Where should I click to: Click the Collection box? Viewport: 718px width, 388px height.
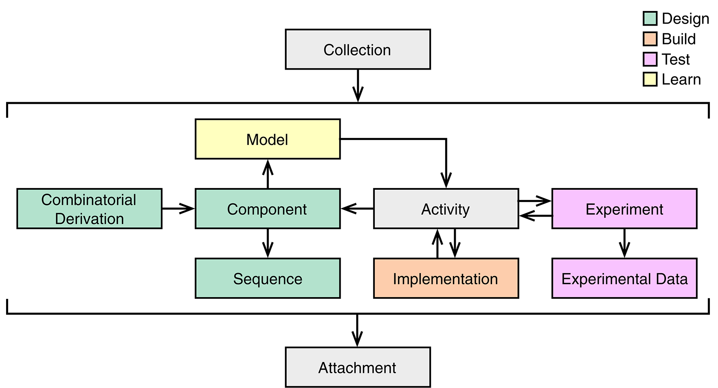coord(358,49)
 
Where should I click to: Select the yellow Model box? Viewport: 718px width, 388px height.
coord(268,139)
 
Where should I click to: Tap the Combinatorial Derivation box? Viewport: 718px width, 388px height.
coord(89,208)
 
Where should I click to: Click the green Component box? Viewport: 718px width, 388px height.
coord(268,208)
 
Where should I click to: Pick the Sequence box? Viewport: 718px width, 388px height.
coord(268,278)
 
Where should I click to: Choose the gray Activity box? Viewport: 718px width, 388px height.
coord(446,208)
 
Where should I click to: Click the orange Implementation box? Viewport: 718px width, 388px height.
coord(446,278)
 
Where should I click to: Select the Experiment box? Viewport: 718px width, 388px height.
coord(624,208)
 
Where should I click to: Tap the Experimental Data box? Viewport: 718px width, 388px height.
coord(624,278)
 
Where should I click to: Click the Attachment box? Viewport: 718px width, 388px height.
coord(358,367)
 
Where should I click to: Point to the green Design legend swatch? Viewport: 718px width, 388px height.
coord(650,19)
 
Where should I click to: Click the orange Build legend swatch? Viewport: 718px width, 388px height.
coord(650,39)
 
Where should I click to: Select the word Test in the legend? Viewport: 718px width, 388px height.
coord(675,59)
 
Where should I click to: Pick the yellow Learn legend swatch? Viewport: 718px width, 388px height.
coord(650,79)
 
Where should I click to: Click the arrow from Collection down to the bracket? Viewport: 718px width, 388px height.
coord(358,85)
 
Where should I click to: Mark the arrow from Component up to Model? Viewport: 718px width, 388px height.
coord(268,174)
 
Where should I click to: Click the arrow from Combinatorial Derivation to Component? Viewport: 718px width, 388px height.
coord(178,208)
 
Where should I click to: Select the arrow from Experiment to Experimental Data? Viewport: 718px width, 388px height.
coord(624,243)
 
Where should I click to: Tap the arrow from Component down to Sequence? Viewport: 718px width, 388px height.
coord(268,243)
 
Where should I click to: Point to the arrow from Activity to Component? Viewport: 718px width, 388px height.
coord(357,208)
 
